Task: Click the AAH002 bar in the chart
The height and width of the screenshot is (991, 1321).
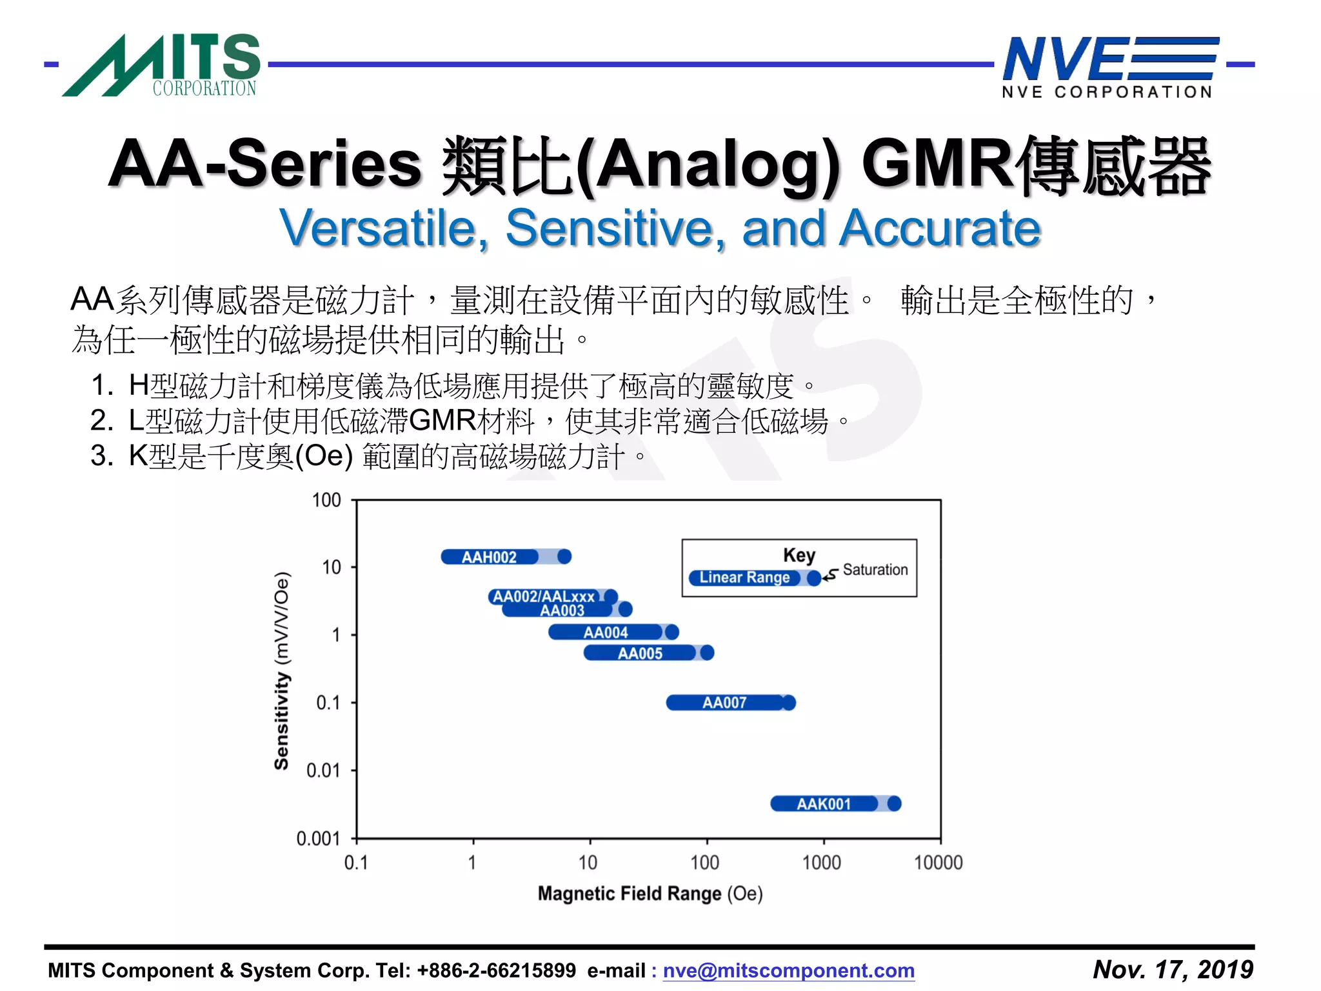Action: coord(490,557)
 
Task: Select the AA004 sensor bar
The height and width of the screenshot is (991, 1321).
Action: coord(605,632)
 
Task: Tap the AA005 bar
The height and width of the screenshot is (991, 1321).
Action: coord(640,654)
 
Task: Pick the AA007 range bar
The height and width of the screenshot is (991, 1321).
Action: coord(724,703)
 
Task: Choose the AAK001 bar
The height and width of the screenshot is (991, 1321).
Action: coord(824,804)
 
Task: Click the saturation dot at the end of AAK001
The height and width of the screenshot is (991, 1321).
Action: coord(894,803)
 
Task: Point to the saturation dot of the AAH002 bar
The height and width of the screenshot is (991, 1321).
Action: coord(564,556)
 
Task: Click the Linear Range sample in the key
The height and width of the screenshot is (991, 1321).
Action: coord(745,577)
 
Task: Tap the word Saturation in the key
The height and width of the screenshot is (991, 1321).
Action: coord(875,570)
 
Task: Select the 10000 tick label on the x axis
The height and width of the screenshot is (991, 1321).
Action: coord(938,863)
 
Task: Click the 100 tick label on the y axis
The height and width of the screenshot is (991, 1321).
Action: coord(326,500)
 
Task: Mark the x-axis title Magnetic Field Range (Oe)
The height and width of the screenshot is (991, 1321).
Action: coord(650,894)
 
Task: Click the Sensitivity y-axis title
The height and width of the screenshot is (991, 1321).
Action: coord(282,671)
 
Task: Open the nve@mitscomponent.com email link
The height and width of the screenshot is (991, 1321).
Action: coord(788,970)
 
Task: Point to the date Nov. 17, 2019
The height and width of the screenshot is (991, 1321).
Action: coord(1173,969)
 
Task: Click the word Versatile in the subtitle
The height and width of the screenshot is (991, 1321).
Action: coord(384,228)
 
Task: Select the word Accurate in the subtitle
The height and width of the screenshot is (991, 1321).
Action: coord(939,228)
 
